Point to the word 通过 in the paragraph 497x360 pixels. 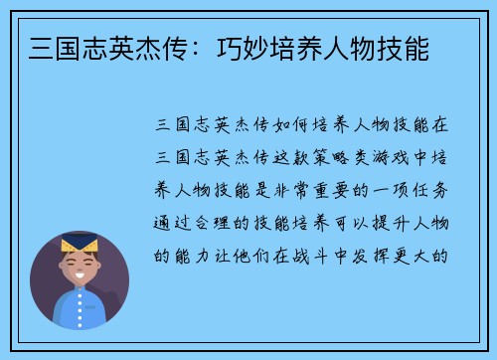click(x=168, y=221)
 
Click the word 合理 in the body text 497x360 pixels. click(x=214, y=221)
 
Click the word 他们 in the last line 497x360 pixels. click(x=260, y=254)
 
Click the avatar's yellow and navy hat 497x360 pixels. click(x=80, y=243)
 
